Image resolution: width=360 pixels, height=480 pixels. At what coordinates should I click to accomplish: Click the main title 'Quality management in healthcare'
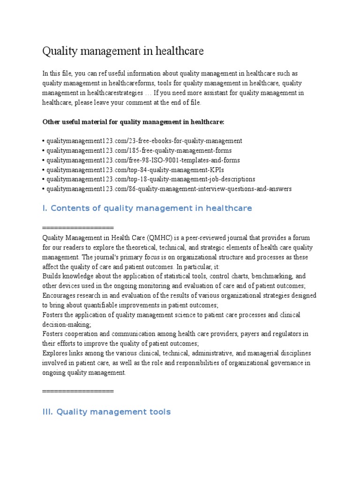pos(123,51)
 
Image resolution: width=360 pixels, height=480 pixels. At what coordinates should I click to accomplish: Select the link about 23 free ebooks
pos(142,141)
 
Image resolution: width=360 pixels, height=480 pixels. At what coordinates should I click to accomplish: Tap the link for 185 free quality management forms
pos(137,150)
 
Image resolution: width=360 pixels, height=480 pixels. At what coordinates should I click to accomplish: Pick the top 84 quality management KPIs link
pos(133,170)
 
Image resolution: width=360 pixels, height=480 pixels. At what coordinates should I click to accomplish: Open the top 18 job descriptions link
pos(149,179)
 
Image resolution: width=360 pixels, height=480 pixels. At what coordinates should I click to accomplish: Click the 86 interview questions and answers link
pos(167,189)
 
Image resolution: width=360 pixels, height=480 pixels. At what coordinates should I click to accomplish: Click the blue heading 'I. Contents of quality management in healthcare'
pos(147,208)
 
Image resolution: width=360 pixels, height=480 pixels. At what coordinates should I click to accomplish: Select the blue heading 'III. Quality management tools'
pos(106,412)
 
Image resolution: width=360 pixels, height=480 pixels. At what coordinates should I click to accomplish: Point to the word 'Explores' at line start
pos(55,353)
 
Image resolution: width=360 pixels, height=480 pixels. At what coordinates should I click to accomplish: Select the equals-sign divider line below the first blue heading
pos(78,228)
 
